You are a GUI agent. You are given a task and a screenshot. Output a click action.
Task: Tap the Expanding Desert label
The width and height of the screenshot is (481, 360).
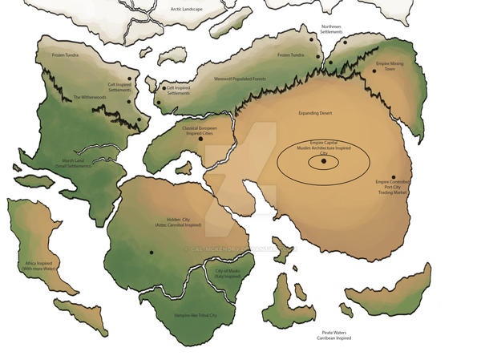[x=315, y=113]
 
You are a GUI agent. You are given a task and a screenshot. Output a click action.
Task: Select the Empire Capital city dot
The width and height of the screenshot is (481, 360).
[x=324, y=161]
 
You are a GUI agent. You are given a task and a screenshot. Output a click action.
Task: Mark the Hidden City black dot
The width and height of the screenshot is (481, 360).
[x=151, y=253]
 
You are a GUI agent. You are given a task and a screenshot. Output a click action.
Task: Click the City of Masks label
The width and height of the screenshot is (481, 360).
[x=228, y=273]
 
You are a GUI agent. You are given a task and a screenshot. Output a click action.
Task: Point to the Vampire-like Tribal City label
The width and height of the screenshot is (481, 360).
[x=195, y=316]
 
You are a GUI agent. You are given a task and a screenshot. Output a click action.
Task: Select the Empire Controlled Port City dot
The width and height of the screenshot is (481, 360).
[x=394, y=177]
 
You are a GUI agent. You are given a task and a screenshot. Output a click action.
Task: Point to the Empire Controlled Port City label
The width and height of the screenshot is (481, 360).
[x=392, y=187]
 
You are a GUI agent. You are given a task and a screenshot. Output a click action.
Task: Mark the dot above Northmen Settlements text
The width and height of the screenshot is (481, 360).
[x=312, y=27]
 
